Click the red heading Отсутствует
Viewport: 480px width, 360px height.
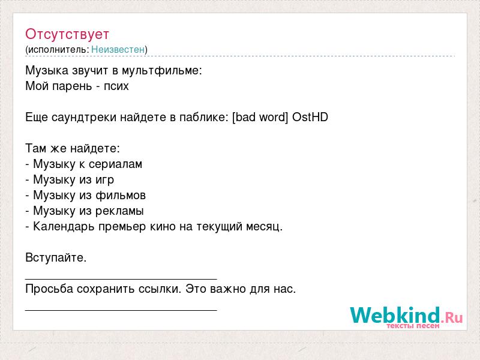[x=67, y=34]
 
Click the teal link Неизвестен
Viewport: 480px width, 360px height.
[x=118, y=49]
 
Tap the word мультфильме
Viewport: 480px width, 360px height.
[x=162, y=71]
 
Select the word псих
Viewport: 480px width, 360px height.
[x=116, y=86]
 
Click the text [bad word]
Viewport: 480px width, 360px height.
[x=260, y=117]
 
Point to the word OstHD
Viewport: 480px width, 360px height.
[x=310, y=117]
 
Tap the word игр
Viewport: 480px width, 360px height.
[x=104, y=180]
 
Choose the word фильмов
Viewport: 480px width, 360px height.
[x=121, y=196]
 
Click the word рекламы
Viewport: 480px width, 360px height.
[x=119, y=211]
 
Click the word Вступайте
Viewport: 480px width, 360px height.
[x=56, y=258]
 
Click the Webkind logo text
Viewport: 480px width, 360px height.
[x=395, y=315]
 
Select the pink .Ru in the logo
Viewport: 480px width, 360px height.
[x=452, y=317]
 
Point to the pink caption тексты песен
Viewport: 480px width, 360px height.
[x=413, y=326]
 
